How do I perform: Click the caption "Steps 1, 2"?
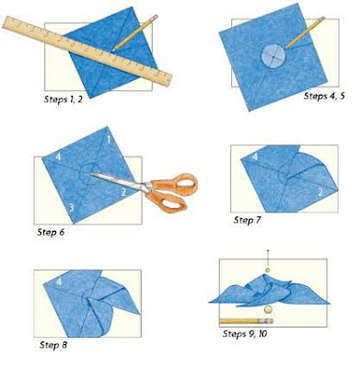(64, 99)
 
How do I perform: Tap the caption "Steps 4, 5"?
(324, 96)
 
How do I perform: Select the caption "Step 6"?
(51, 232)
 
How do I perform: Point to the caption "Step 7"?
(247, 220)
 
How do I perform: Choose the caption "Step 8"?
(53, 345)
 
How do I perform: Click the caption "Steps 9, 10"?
(245, 334)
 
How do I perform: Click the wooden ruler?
(87, 51)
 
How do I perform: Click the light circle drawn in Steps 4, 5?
(273, 57)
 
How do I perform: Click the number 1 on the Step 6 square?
(109, 140)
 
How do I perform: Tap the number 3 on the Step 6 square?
(71, 208)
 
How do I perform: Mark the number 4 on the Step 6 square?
(58, 157)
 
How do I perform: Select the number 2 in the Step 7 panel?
(320, 192)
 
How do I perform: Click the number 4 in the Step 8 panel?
(59, 281)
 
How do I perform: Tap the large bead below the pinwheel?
(268, 309)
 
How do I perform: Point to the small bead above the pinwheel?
(268, 270)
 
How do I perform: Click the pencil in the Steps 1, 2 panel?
(135, 32)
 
